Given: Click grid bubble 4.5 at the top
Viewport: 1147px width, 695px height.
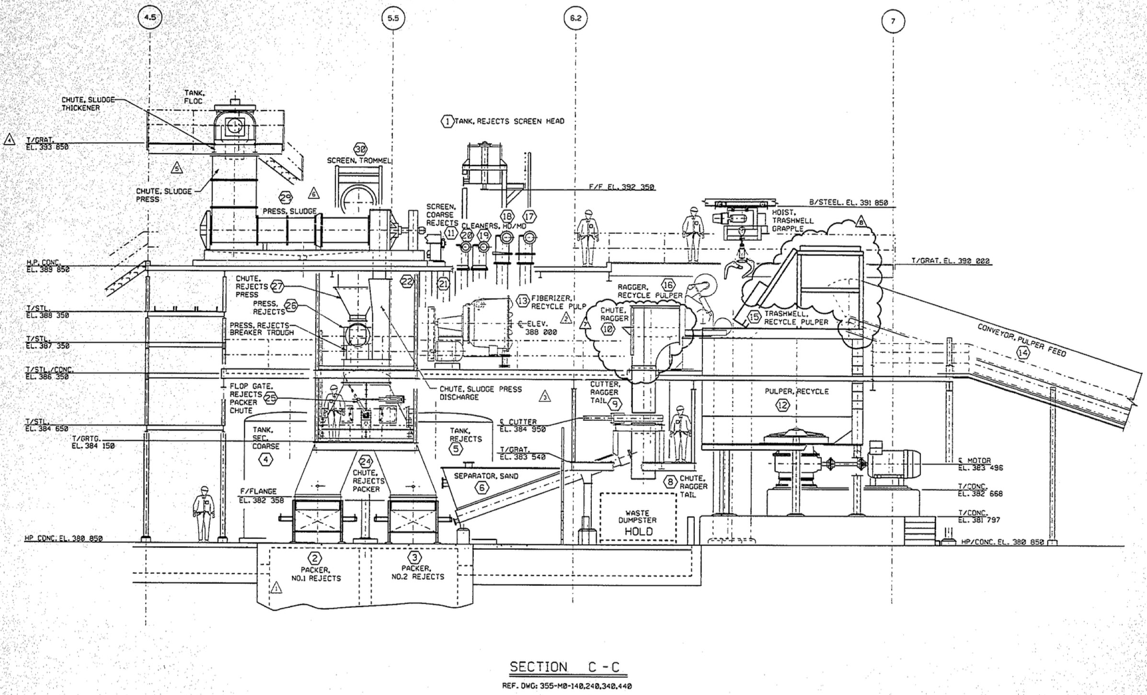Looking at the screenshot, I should click(150, 18).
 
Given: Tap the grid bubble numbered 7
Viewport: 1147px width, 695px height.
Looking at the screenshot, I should click(893, 22).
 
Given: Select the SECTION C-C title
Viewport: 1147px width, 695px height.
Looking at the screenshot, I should click(564, 667).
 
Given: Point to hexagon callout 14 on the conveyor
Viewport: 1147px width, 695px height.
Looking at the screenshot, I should click(1023, 353).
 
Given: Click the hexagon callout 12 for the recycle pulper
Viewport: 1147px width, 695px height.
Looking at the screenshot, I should click(782, 405).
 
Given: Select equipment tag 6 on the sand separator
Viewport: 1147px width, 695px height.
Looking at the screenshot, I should click(482, 488).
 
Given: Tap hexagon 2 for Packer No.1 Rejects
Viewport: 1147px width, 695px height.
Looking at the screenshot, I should click(315, 558).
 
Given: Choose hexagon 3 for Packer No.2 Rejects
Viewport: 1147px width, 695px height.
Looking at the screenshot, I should click(414, 557).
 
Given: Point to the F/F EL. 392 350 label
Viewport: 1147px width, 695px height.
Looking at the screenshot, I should click(621, 187).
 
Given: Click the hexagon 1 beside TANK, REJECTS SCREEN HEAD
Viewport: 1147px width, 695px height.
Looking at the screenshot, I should click(447, 122).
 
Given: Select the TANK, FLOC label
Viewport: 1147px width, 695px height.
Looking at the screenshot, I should click(194, 97).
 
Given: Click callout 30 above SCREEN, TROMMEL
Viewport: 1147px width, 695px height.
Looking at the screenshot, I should click(359, 149).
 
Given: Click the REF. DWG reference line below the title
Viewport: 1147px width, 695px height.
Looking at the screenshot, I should click(566, 686).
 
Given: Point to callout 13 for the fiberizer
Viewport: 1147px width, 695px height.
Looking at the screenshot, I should click(522, 301).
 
